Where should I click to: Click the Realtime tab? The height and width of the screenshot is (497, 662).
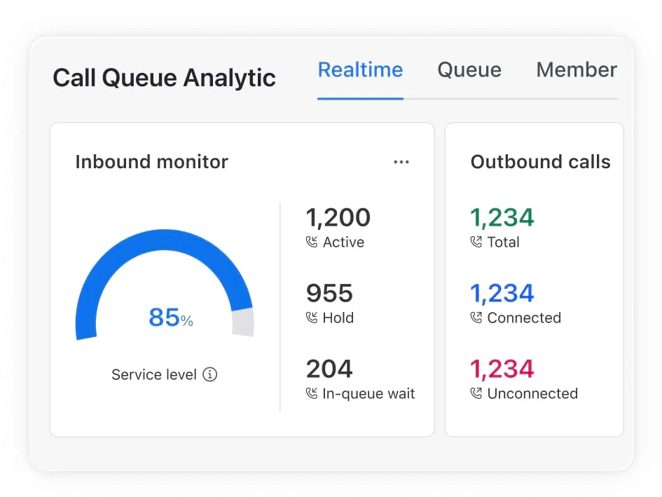360,70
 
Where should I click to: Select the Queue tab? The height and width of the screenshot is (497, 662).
469,70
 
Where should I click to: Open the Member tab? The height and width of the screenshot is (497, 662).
576,70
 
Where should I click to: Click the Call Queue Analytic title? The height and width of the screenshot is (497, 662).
164,78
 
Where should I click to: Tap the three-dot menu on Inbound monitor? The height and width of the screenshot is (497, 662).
401,162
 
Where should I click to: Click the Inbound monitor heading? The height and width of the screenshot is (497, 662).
151,162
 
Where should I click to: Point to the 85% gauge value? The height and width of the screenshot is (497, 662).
170,318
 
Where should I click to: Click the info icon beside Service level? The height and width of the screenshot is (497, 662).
209,374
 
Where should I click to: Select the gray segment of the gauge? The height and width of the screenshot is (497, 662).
242,322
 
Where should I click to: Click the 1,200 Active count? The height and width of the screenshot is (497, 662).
338,218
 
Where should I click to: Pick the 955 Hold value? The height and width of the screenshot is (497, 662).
329,294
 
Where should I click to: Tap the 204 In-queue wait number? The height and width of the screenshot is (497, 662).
329,369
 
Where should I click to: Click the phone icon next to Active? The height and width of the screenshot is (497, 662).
312,243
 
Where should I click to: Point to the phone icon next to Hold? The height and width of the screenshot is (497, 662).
312,318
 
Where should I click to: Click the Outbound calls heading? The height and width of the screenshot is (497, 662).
540,162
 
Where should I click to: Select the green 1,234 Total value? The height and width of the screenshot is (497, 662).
502,218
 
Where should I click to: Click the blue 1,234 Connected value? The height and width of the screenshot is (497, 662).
502,294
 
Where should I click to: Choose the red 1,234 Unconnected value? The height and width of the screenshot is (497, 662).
502,369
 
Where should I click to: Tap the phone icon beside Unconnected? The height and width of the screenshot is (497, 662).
476,394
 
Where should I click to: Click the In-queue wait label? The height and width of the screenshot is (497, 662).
368,394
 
